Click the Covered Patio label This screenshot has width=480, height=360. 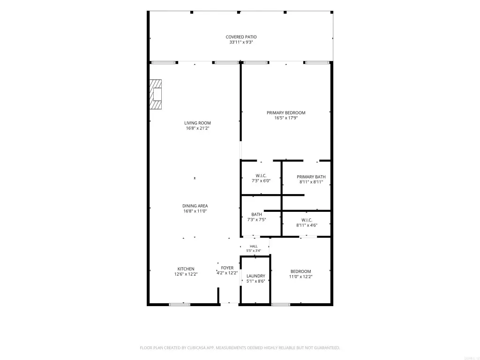241,37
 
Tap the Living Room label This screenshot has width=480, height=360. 197,123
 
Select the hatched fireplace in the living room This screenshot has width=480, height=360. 156,94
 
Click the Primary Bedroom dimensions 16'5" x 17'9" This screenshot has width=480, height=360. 286,118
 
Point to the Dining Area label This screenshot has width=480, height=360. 195,206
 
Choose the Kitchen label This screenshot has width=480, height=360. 186,269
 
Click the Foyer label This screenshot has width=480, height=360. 227,268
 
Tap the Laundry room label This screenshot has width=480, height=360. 256,276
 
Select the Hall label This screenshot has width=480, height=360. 254,247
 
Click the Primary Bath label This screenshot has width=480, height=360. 311,177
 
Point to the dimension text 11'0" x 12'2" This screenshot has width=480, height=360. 300,277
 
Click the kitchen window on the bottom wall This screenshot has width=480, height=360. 180,305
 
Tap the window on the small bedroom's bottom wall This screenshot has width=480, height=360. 281,305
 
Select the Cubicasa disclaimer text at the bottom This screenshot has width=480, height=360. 240,348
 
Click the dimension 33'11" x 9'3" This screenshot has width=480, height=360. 241,42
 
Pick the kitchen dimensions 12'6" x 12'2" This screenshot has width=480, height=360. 186,274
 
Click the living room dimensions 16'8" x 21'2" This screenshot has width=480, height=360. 197,128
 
